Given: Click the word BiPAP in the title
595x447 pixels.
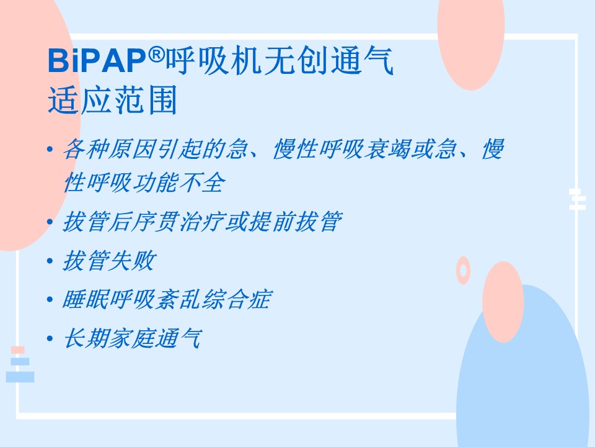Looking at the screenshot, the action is click(97, 61).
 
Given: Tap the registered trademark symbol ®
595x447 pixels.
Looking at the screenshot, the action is click(156, 55).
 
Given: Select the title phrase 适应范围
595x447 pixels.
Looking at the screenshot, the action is click(113, 100).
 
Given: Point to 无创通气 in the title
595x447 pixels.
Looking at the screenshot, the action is click(328, 60).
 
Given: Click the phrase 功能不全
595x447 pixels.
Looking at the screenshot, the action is click(178, 183).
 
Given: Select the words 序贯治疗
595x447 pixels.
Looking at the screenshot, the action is click(178, 222).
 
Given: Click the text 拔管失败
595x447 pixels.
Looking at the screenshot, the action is click(109, 261).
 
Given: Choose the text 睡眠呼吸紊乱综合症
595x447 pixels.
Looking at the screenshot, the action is click(167, 299).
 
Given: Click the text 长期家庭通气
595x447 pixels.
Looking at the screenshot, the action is click(133, 338).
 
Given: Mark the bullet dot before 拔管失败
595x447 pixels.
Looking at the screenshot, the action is click(50, 261).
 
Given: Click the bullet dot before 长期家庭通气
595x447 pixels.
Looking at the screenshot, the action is click(50, 338).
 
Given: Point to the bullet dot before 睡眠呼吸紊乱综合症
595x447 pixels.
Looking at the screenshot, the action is click(50, 299).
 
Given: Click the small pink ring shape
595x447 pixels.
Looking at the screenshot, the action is click(458, 271).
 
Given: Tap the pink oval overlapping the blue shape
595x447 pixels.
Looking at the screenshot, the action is click(503, 302).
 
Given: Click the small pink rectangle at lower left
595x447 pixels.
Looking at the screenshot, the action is click(18, 350).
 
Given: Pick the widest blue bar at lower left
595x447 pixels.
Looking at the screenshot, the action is click(20, 377).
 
